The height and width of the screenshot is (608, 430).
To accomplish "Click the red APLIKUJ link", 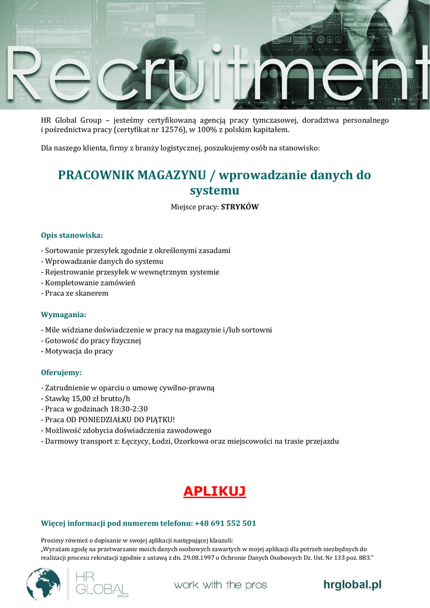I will (x=215, y=492).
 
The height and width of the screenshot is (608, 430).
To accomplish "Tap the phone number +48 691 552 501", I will (x=225, y=523).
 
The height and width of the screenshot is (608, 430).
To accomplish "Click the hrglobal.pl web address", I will (x=352, y=585).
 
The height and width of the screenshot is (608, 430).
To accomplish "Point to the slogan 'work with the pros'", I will (x=220, y=585).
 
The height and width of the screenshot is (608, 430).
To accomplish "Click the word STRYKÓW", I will (x=240, y=207).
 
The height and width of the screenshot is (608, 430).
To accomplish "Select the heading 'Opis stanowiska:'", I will (x=72, y=235).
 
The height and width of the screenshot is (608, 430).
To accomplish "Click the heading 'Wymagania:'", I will (x=63, y=314).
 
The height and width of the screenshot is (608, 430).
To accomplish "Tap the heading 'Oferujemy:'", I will (x=61, y=372).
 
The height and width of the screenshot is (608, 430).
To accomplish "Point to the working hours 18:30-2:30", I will (x=128, y=409).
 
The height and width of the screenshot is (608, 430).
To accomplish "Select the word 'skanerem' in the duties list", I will (x=92, y=293).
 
